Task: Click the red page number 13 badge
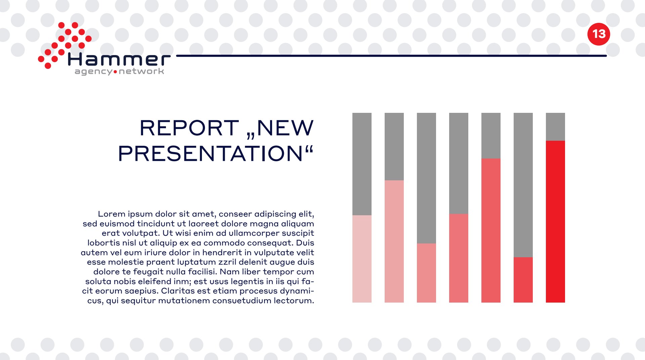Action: point(599,34)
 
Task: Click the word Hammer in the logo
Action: point(119,59)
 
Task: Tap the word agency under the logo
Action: point(94,72)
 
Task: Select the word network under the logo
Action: point(141,71)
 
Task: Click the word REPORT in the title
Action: point(189,128)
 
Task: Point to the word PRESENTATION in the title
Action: point(211,153)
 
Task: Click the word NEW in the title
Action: point(285,128)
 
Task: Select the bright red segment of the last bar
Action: point(555,222)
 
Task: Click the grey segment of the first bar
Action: point(362,164)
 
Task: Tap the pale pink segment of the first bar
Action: point(362,259)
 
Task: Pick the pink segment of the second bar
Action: point(394,241)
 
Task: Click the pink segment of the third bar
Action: point(426,273)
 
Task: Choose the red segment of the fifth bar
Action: point(491,230)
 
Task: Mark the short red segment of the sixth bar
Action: point(523,280)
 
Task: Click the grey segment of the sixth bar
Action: point(523,185)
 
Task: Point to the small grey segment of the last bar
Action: point(555,127)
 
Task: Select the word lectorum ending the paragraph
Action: point(294,301)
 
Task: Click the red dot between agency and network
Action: point(116,72)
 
